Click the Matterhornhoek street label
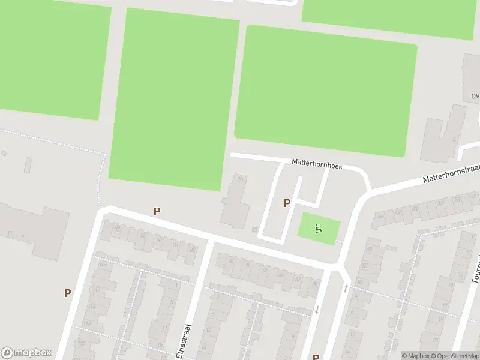click(317, 163)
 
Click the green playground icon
click(319, 228)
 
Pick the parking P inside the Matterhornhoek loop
click(287, 203)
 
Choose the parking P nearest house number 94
click(157, 211)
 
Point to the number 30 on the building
click(241, 179)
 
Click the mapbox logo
click(26, 353)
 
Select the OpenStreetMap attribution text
click(454, 356)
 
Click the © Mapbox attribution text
click(415, 356)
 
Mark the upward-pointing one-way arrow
click(346, 289)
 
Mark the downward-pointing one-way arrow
click(317, 310)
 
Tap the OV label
click(475, 96)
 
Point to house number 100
click(118, 229)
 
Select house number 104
click(104, 264)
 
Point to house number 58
click(314, 284)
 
